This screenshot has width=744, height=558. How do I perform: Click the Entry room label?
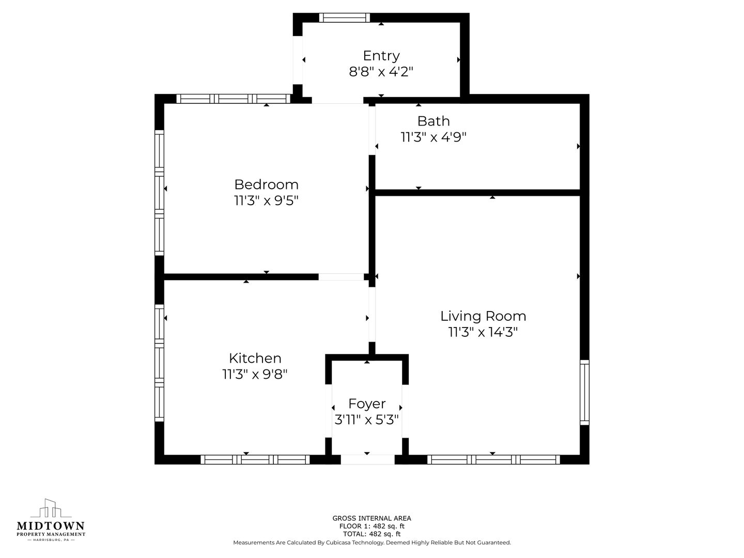click(x=381, y=56)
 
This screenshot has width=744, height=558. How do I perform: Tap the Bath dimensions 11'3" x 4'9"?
click(x=433, y=137)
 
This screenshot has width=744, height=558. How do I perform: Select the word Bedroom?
click(x=267, y=184)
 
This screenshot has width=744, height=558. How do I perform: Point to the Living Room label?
click(x=483, y=316)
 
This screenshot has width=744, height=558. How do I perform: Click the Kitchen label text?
click(x=255, y=358)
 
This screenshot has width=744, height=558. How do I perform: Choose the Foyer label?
click(x=367, y=404)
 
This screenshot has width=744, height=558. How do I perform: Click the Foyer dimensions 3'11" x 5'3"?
click(x=366, y=420)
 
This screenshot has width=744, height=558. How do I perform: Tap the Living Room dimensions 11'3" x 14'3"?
click(x=483, y=332)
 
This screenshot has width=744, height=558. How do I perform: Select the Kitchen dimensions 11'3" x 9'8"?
click(x=255, y=375)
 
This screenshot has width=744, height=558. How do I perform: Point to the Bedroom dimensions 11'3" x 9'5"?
click(x=267, y=200)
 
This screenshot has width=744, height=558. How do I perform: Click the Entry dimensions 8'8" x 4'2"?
click(x=381, y=72)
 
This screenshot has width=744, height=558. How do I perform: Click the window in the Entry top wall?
click(x=345, y=18)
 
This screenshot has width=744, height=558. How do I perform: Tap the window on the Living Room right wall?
click(x=585, y=392)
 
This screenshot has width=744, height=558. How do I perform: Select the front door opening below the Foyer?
click(x=368, y=459)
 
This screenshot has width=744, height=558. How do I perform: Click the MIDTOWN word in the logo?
click(x=51, y=526)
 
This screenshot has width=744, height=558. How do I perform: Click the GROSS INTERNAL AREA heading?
click(x=372, y=518)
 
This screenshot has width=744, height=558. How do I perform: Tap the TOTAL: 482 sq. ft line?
click(x=372, y=534)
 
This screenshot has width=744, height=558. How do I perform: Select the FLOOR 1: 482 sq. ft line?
click(x=372, y=526)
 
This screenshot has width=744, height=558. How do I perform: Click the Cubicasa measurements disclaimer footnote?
click(x=372, y=542)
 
